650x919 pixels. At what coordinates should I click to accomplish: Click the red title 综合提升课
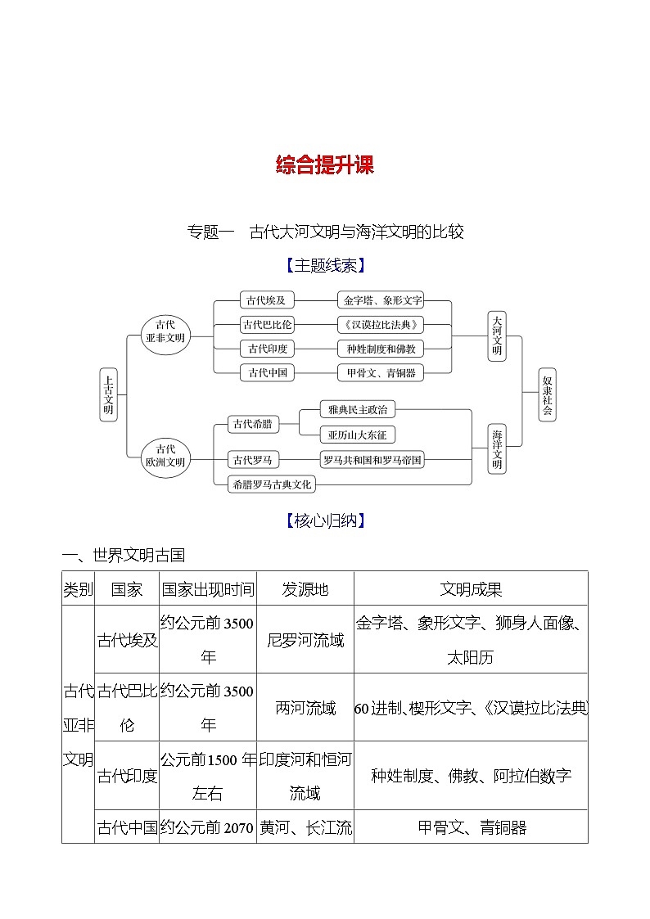tap(324, 165)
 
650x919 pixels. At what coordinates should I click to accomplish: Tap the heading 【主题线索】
tap(324, 265)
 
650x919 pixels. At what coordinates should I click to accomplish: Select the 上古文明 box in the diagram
tap(108, 394)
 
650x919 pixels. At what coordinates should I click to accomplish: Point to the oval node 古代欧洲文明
tap(165, 455)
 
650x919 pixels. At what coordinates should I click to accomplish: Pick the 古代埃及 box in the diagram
tap(267, 300)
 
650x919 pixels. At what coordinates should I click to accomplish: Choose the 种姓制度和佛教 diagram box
tap(382, 349)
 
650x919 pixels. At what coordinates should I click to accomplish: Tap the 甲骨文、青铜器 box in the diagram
tap(382, 373)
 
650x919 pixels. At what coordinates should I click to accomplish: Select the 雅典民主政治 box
tap(358, 409)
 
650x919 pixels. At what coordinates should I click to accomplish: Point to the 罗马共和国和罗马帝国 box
tap(372, 460)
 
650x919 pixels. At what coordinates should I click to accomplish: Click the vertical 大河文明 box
tap(497, 336)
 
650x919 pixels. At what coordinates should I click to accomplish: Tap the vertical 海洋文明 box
tap(497, 448)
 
